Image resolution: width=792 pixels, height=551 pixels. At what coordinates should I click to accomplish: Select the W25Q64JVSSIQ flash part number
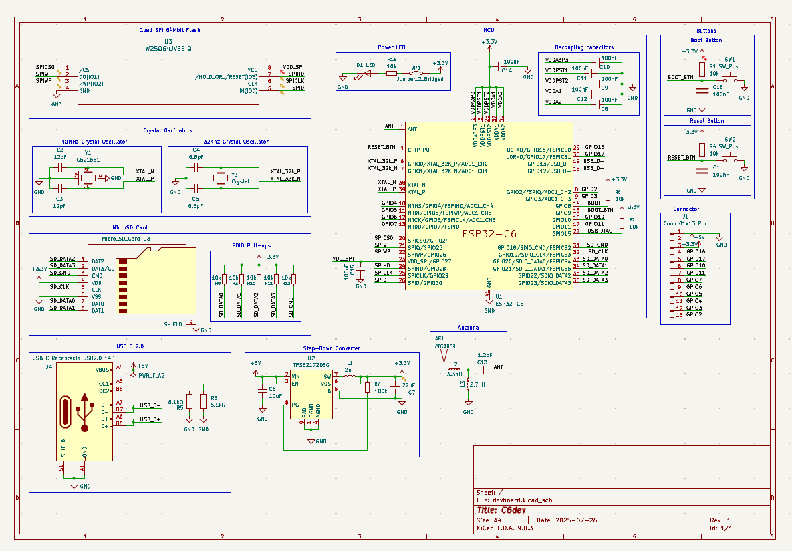tap(168, 48)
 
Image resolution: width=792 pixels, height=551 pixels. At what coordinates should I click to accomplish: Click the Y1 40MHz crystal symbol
tap(88, 177)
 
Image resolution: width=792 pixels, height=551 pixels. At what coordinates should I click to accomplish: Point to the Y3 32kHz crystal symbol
tap(221, 178)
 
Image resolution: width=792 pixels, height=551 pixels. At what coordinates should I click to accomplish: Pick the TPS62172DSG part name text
tap(311, 365)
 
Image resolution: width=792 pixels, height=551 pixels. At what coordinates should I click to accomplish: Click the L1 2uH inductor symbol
tap(350, 376)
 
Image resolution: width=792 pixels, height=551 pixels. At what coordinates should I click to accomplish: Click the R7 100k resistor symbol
tap(367, 388)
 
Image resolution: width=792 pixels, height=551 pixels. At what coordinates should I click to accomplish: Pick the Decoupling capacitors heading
tap(583, 47)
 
